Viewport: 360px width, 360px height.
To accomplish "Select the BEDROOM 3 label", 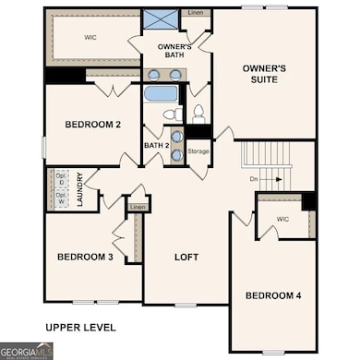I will [x=84, y=257].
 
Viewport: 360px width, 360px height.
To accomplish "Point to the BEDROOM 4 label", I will [x=272, y=295].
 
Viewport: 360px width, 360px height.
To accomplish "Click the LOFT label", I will [x=187, y=258].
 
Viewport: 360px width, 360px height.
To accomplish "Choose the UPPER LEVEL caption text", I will [x=80, y=327].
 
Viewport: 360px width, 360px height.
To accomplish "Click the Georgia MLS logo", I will [x=26, y=351].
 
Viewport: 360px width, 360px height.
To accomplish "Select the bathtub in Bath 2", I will [x=162, y=93].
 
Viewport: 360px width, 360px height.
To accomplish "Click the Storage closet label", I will [x=198, y=150].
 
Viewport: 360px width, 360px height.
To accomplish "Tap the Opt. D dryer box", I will [x=61, y=178].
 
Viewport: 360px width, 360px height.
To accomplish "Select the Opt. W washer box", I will [x=61, y=198].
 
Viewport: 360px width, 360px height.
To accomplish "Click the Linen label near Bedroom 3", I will [x=138, y=207].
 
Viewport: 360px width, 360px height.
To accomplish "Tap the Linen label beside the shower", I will [x=196, y=13].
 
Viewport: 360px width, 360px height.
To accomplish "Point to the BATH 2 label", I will [x=155, y=145].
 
